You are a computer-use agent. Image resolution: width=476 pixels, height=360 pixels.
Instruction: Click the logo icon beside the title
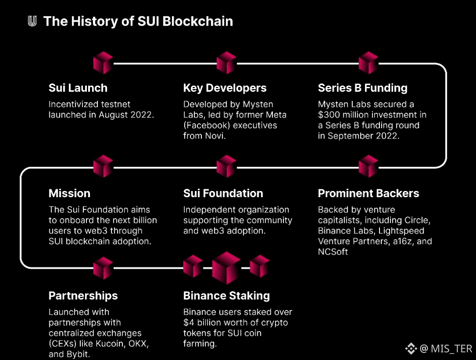32,21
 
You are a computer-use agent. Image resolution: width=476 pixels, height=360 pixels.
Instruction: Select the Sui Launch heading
78,88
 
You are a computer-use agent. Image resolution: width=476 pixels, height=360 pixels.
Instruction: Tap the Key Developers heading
225,88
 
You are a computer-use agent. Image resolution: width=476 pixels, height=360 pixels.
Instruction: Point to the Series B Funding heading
363,88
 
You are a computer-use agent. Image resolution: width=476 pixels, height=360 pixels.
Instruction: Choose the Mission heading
69,193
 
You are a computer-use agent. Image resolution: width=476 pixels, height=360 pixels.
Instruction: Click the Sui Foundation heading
223,193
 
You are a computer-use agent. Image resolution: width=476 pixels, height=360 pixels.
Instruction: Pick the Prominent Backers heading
368,193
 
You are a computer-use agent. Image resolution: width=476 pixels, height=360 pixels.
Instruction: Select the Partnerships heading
83,296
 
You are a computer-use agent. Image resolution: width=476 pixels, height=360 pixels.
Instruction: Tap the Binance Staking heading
227,296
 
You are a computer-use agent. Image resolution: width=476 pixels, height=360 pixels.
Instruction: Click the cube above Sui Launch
103,63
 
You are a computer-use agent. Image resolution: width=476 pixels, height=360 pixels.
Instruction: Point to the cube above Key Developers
227,63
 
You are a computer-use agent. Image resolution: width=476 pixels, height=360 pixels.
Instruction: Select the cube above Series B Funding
368,63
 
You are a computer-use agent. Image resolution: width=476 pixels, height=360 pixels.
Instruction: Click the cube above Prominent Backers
368,166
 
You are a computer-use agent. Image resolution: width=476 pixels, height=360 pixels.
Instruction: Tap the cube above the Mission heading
103,166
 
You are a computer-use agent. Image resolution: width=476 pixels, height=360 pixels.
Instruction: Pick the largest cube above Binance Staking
226,268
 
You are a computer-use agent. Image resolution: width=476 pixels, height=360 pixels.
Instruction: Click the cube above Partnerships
103,268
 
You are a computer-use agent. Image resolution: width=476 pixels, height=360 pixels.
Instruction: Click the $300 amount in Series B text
330,115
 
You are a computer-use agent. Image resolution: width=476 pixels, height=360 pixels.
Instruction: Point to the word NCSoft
333,251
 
